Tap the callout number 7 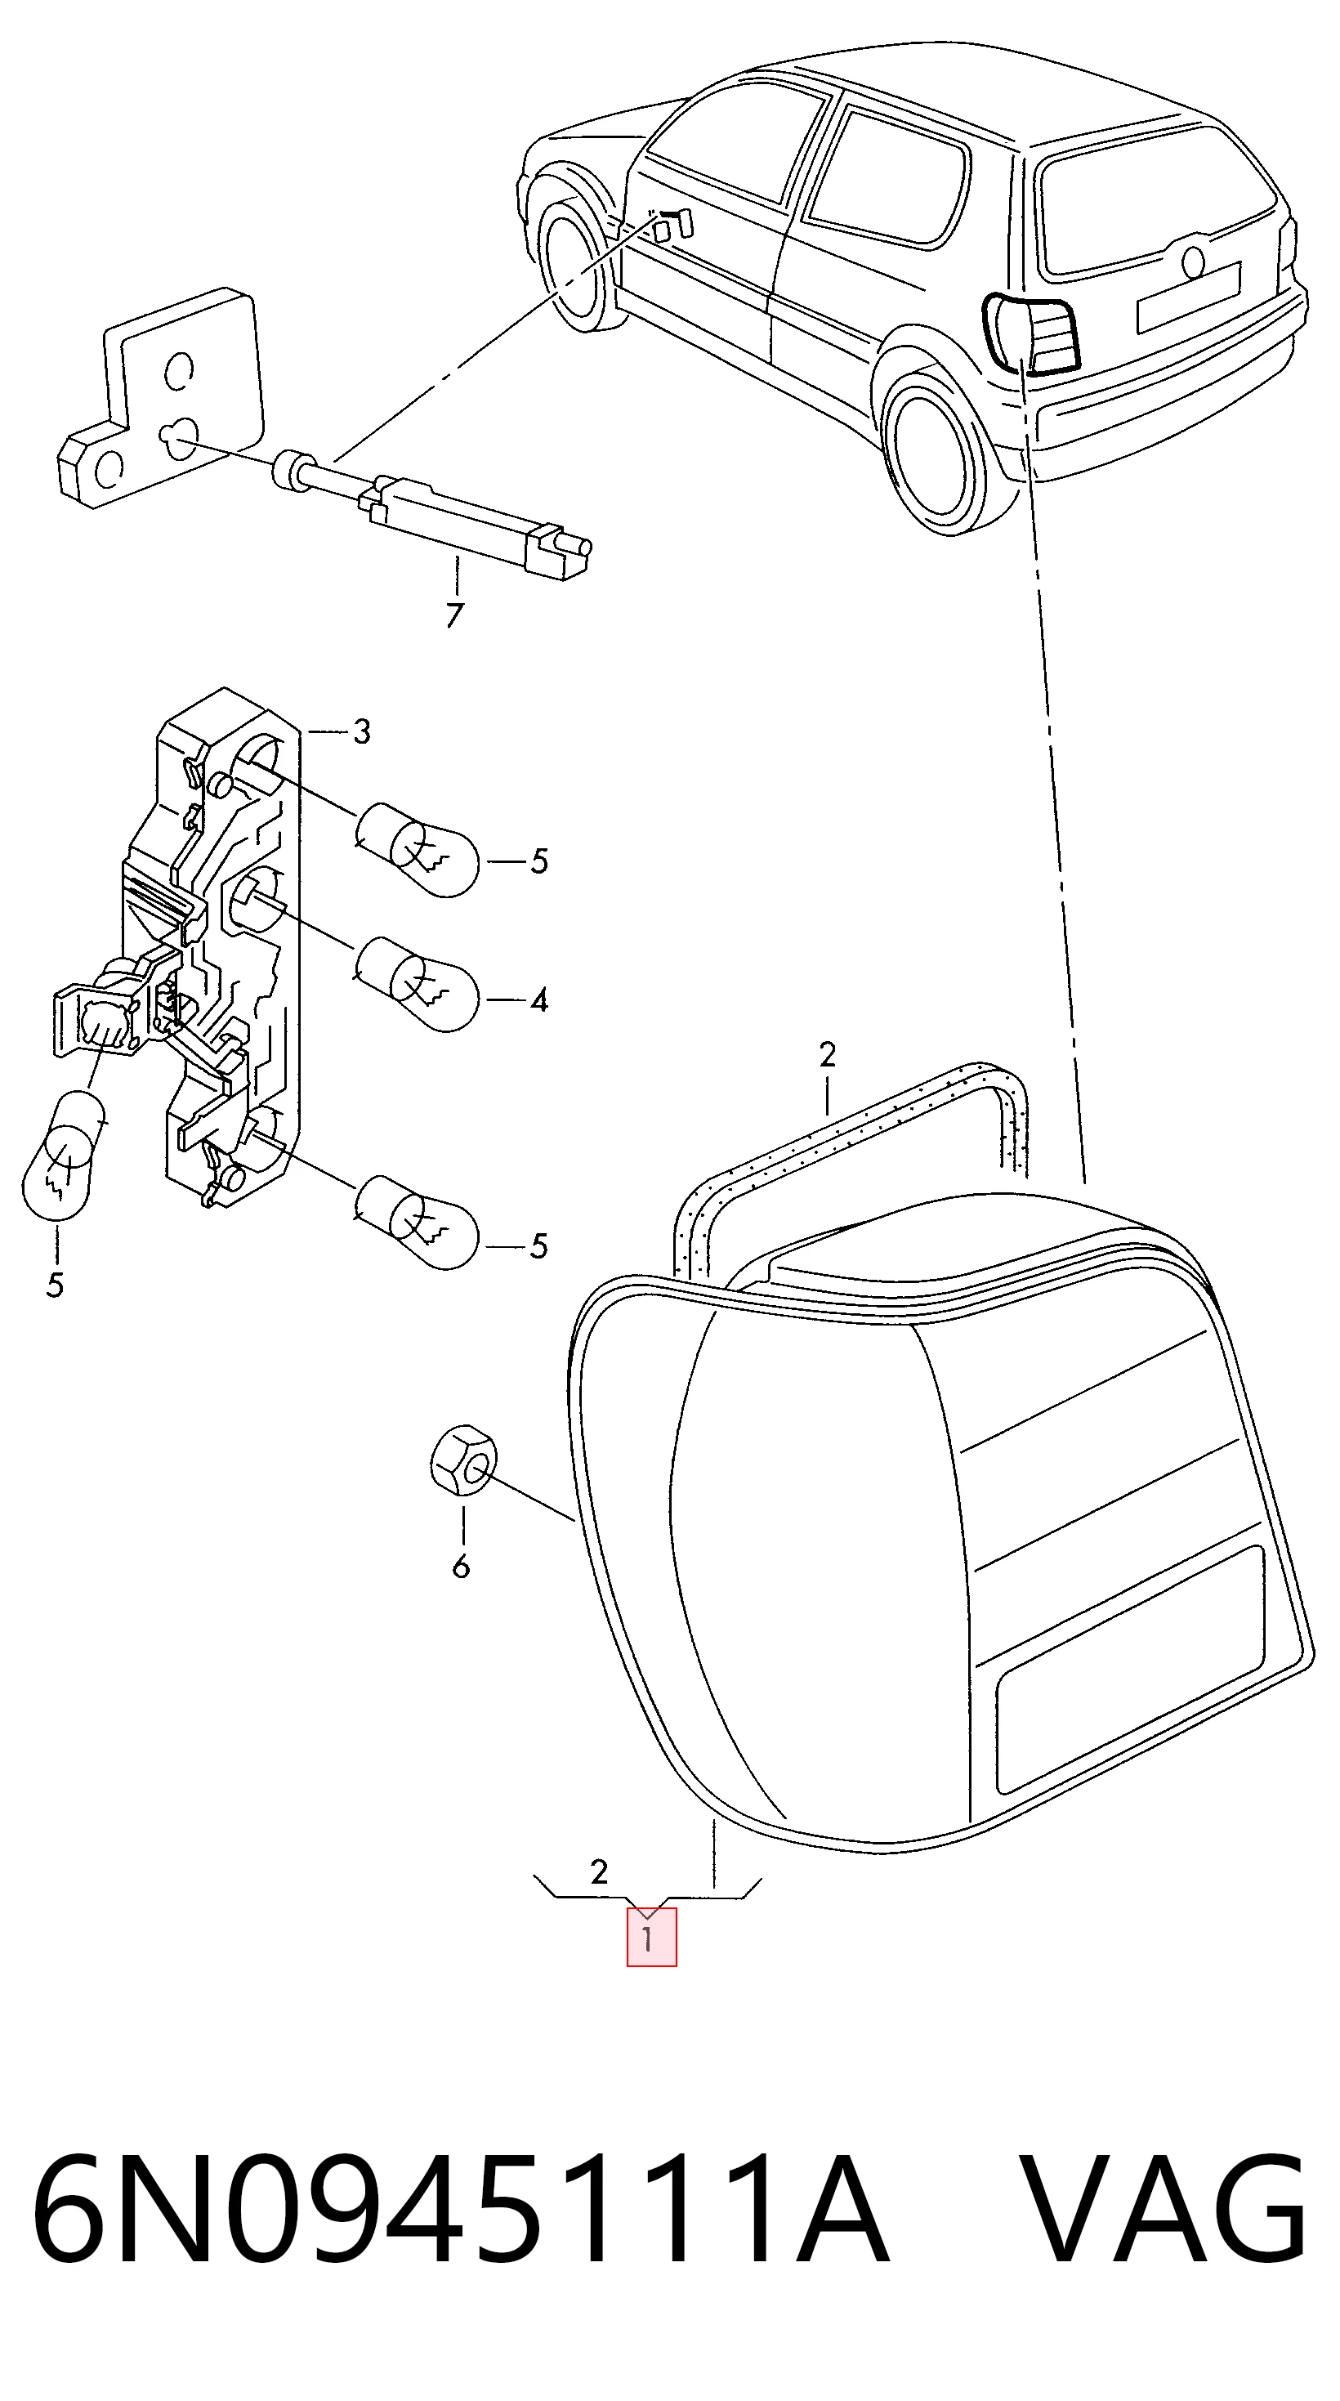tap(453, 615)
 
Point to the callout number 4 tap(538, 1000)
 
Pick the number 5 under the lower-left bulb tap(55, 1285)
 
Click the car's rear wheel tap(935, 453)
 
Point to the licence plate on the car tap(1188, 297)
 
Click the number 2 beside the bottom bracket tap(599, 1871)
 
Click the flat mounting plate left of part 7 tap(159, 400)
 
